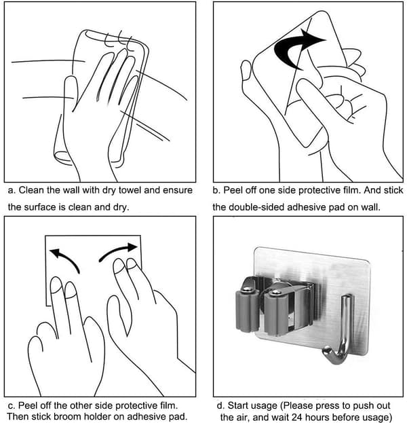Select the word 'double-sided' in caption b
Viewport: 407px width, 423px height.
[256, 207]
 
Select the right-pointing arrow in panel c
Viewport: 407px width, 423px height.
[119, 251]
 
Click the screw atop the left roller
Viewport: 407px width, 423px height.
[247, 289]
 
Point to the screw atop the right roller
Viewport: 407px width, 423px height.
[275, 292]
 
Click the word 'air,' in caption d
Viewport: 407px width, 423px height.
[243, 417]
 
